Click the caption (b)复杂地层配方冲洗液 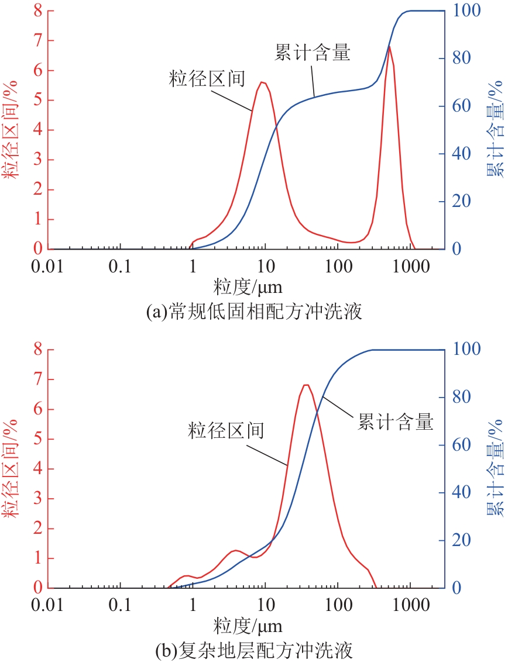[x=254, y=650]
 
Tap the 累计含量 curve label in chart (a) [x=312, y=53]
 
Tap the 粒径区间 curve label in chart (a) [x=206, y=78]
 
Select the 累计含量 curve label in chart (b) [x=396, y=422]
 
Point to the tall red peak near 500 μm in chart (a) [x=389, y=46]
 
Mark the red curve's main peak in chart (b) [x=306, y=385]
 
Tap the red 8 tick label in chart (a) [x=37, y=11]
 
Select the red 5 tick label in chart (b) [x=37, y=439]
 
